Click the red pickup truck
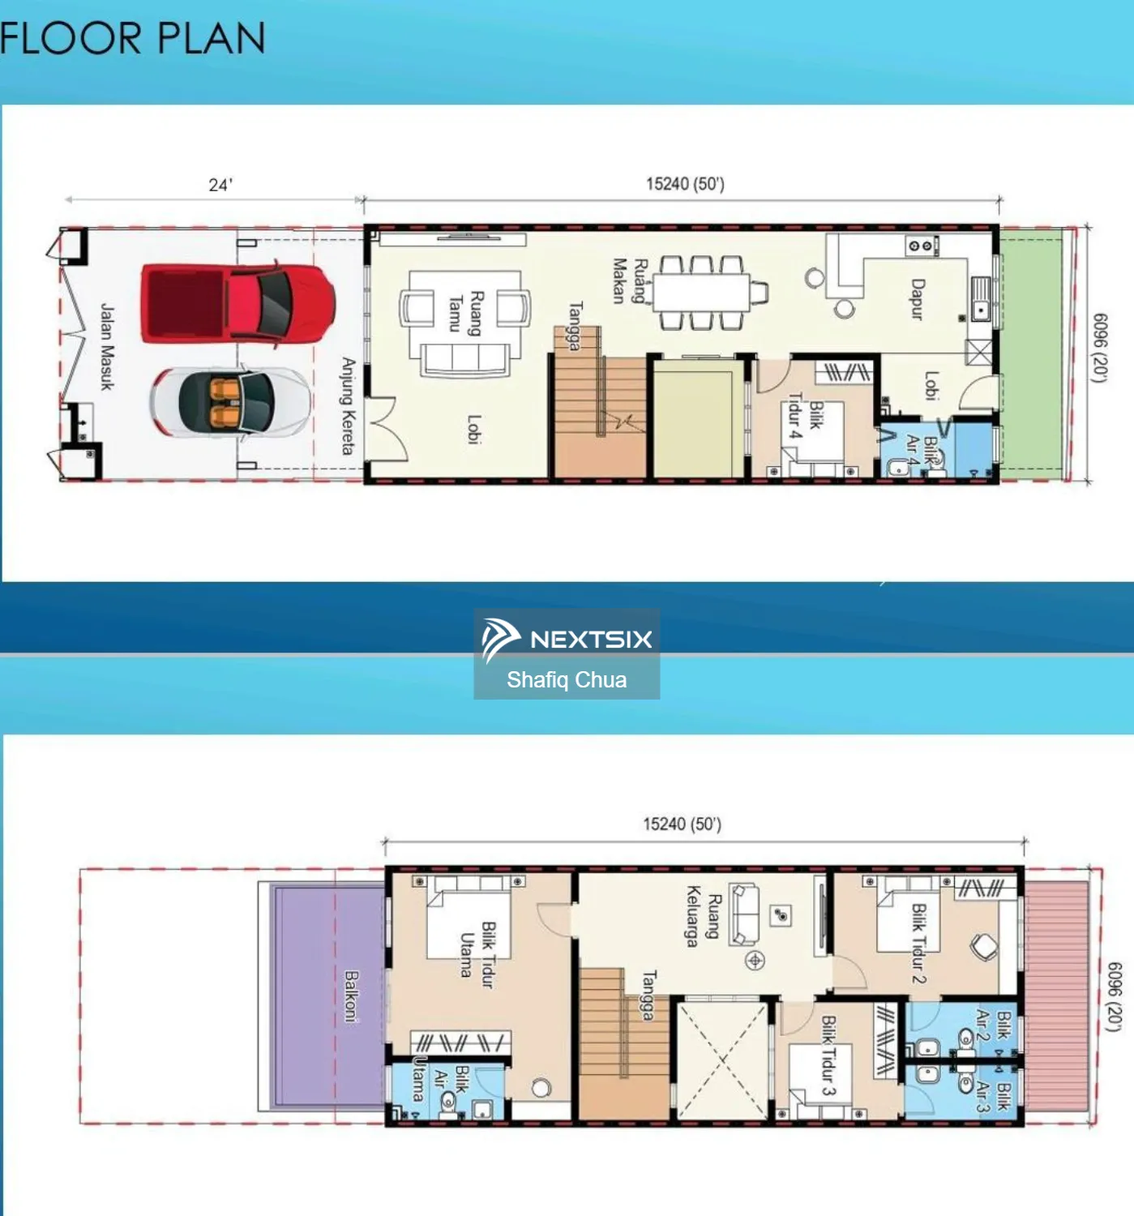click(x=238, y=303)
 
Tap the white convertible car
click(x=231, y=401)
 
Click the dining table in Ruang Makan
click(x=702, y=293)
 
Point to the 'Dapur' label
click(x=918, y=299)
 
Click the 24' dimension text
click(x=220, y=185)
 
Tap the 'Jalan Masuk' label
click(x=107, y=346)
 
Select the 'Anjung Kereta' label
click(x=348, y=406)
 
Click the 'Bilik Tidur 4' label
click(x=806, y=416)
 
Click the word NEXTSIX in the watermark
click(x=591, y=640)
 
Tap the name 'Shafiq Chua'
click(x=567, y=679)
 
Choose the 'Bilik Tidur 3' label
click(x=828, y=1055)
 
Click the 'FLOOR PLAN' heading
click(x=133, y=38)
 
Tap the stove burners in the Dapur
click(x=921, y=246)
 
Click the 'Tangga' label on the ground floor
click(x=576, y=326)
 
